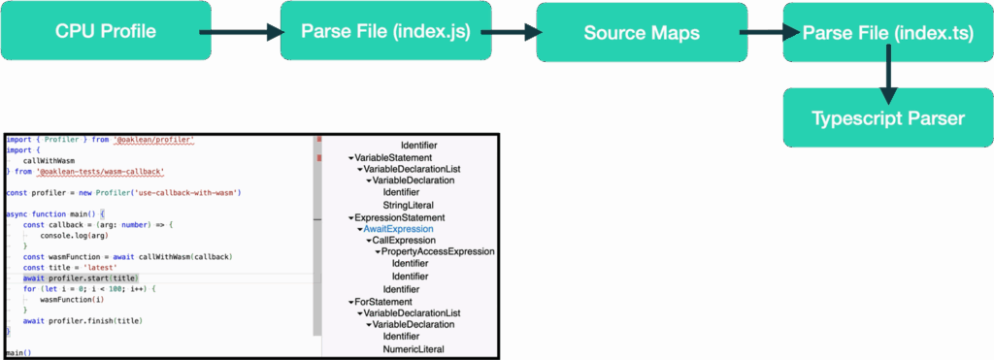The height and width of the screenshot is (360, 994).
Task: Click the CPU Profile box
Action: (x=106, y=31)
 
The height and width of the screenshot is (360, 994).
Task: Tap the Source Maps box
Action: (x=642, y=32)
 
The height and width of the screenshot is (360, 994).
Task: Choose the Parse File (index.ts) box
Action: (x=888, y=32)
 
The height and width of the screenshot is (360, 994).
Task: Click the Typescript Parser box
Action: (x=888, y=117)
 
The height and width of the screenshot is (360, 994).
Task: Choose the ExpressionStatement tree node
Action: (x=400, y=217)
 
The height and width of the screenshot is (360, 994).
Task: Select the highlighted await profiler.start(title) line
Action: (x=87, y=278)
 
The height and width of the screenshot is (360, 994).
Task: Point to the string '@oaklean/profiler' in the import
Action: (x=155, y=140)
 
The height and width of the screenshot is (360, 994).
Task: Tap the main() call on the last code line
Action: (x=18, y=353)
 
